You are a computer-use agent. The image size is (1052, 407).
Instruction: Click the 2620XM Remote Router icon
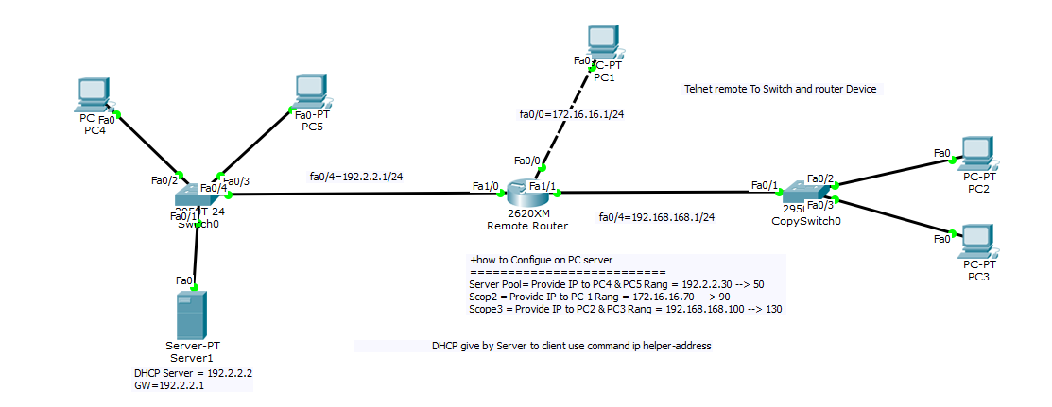tap(526, 195)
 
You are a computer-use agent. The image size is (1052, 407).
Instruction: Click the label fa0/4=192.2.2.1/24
tap(356, 176)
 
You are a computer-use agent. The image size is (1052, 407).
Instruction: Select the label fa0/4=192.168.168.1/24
tap(656, 217)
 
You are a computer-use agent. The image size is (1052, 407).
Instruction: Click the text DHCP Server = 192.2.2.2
tap(192, 373)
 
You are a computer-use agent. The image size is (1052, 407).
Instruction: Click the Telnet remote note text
tap(780, 89)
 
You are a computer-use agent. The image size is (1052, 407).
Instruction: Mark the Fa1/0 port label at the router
tap(484, 186)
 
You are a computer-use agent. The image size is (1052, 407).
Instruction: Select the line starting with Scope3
tap(625, 309)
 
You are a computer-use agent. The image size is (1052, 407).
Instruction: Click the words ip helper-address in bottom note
tap(670, 347)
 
